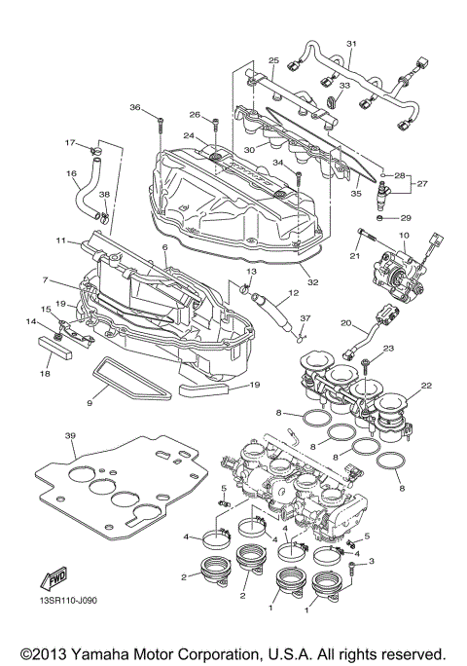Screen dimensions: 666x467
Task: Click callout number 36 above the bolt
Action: tap(135, 107)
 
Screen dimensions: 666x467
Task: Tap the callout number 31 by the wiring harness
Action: tap(352, 44)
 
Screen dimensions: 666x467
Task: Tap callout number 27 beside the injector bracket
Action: tap(423, 182)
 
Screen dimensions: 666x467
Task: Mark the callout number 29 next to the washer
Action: tap(407, 218)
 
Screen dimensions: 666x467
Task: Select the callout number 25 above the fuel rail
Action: tap(274, 60)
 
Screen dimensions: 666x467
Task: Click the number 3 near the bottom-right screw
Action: tap(371, 562)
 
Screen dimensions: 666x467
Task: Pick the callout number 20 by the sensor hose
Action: tap(345, 322)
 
